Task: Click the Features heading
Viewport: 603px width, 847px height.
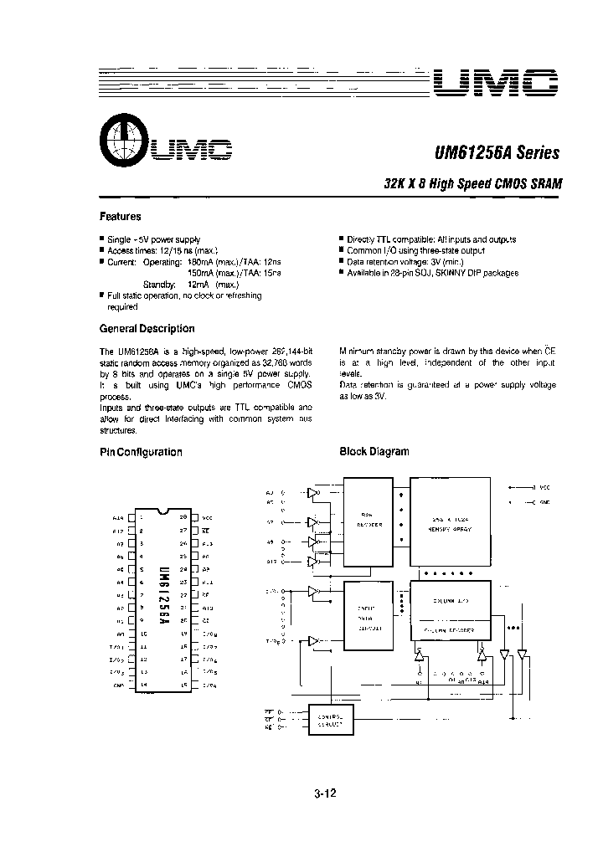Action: [120, 216]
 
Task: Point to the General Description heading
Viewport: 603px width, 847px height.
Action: [147, 329]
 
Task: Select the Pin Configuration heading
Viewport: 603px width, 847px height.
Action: [141, 452]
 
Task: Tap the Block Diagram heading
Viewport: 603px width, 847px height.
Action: [374, 451]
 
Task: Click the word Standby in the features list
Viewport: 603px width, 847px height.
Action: [159, 285]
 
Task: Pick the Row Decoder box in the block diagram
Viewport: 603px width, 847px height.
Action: [371, 520]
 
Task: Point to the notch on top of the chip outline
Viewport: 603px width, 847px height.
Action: [166, 510]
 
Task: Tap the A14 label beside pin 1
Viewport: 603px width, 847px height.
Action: [117, 519]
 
